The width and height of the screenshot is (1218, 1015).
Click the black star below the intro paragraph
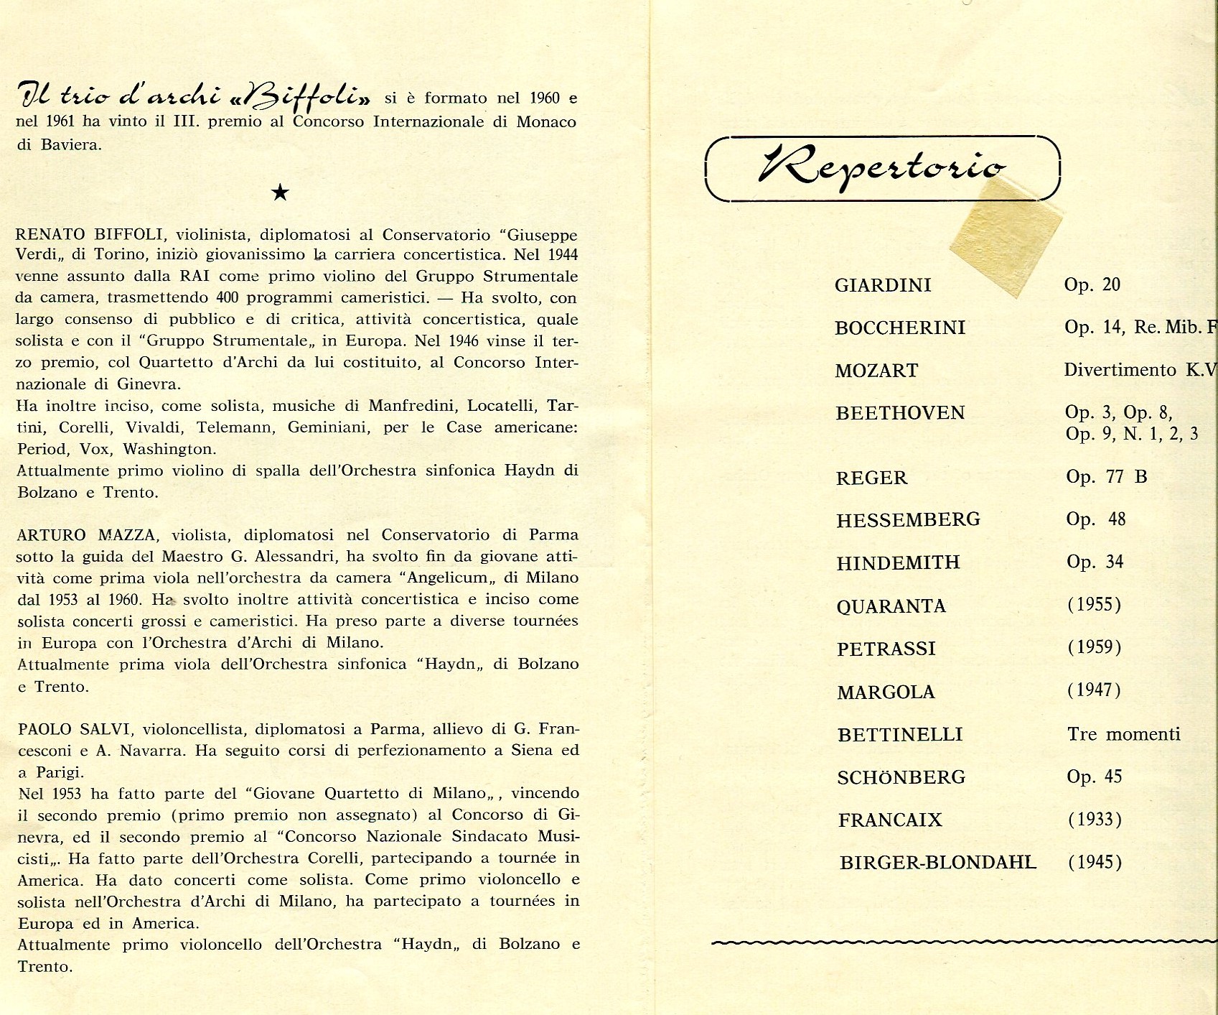pyautogui.click(x=281, y=192)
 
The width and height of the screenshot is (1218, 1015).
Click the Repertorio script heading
pyautogui.click(x=881, y=166)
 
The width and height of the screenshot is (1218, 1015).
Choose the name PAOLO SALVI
pyautogui.click(x=75, y=729)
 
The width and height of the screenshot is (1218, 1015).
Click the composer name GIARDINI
pyautogui.click(x=883, y=285)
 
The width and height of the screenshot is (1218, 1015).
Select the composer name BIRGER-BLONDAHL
pyautogui.click(x=938, y=862)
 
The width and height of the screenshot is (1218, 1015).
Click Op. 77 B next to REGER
pyautogui.click(x=1106, y=476)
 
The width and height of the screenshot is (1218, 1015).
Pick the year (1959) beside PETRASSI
pyautogui.click(x=1095, y=647)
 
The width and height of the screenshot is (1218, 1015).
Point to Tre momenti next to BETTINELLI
pyautogui.click(x=1123, y=733)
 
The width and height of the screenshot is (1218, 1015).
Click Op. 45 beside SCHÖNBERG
pyautogui.click(x=1094, y=777)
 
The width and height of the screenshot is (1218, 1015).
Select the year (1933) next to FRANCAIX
pyautogui.click(x=1095, y=819)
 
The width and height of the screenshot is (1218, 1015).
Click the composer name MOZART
pyautogui.click(x=876, y=371)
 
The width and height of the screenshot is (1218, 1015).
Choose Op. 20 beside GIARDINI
pyautogui.click(x=1092, y=284)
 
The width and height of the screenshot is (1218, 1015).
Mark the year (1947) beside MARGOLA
pyautogui.click(x=1095, y=690)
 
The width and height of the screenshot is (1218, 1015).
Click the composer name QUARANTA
pyautogui.click(x=891, y=606)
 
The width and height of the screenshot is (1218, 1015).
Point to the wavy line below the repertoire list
pyautogui.click(x=962, y=942)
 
